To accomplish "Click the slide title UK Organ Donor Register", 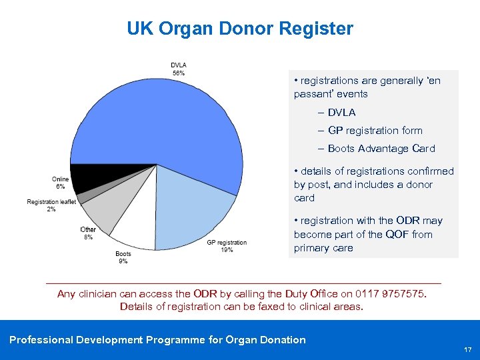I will pyautogui.click(x=240, y=29).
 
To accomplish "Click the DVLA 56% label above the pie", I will pyautogui.click(x=178, y=69).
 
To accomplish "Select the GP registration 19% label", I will pyautogui.click(x=227, y=246).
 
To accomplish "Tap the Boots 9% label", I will pyautogui.click(x=123, y=257).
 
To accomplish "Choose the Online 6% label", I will pyautogui.click(x=60, y=183).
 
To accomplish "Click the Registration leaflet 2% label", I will pyautogui.click(x=51, y=205).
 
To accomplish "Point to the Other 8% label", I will pyautogui.click(x=88, y=233).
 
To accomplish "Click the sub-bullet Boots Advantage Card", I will pyautogui.click(x=381, y=149).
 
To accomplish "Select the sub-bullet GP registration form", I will pyautogui.click(x=375, y=131).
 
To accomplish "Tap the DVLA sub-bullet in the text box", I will pyautogui.click(x=341, y=113).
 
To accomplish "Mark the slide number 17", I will pyautogui.click(x=467, y=349).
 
